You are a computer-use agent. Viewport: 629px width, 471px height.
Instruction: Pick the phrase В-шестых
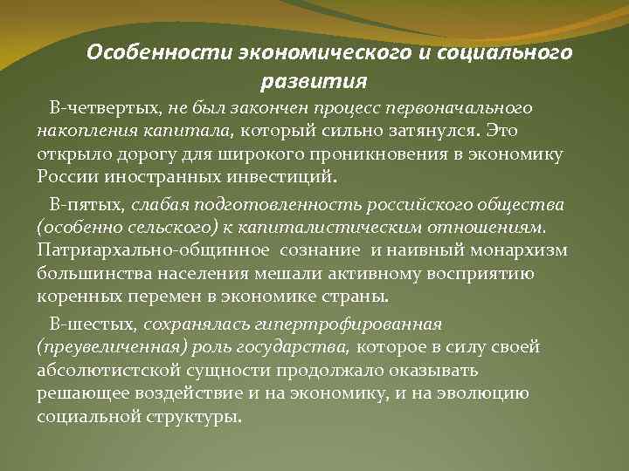(x=89, y=324)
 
